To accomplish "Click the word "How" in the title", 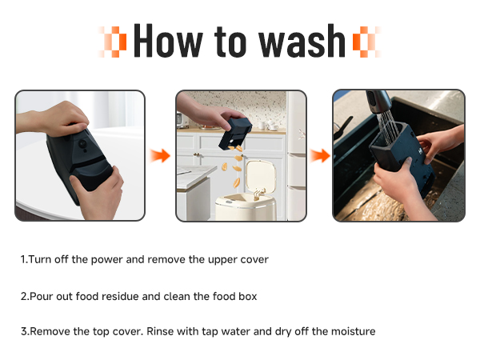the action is [x=168, y=41].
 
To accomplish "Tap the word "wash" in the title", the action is [x=302, y=41].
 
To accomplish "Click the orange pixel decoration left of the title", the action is [x=112, y=42].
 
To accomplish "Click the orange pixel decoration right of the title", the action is [x=366, y=42].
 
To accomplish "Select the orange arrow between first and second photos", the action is [x=160, y=156].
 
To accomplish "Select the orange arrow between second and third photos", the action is [x=320, y=156].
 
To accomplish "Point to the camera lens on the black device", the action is [x=82, y=143].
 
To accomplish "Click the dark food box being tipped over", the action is [x=235, y=134].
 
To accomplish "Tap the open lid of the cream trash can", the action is [x=261, y=176].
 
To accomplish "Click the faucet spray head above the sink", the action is [x=378, y=102].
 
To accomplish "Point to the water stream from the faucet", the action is [x=388, y=127].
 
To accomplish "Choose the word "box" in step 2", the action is [x=248, y=296].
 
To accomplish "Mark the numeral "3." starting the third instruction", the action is [x=25, y=331].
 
